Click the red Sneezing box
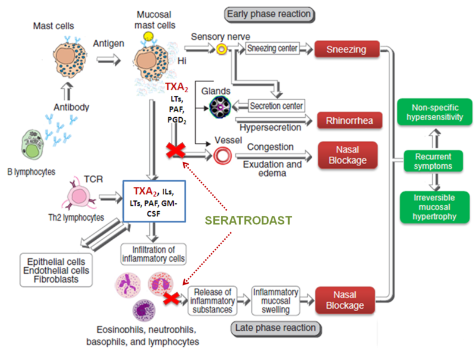[x=347, y=49]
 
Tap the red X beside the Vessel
[x=176, y=152]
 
